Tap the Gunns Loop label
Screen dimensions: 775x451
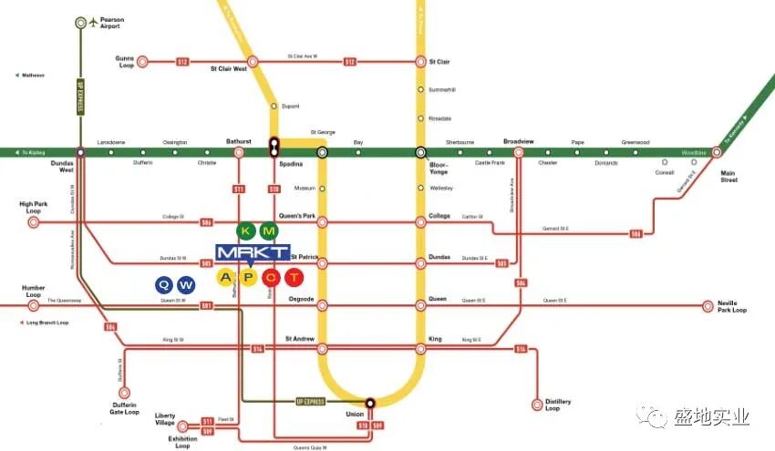tap(125, 62)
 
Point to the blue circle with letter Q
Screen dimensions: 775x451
tap(163, 284)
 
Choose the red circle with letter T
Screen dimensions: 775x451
tap(293, 277)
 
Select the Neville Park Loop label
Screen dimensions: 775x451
tap(731, 306)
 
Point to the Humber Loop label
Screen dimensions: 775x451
tap(34, 292)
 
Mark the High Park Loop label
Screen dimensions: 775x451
tap(33, 208)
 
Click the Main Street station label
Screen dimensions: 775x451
tap(728, 175)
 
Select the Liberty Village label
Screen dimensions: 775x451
tap(165, 419)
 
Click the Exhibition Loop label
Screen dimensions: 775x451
tap(182, 442)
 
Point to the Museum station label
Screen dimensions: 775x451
tap(305, 188)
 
